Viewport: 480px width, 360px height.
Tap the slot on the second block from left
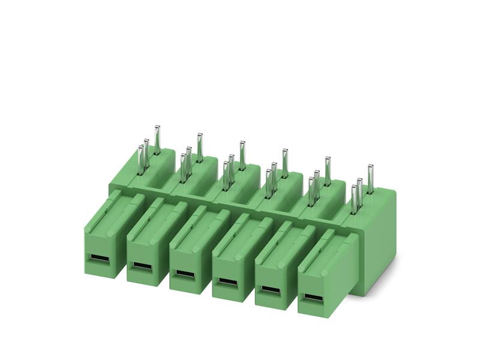coord(141,265)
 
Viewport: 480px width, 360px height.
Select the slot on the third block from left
coord(184,274)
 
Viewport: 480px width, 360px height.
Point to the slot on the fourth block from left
coord(226,281)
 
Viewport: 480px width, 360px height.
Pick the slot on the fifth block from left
coord(269,290)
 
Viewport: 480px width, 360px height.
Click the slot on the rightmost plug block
coord(311,298)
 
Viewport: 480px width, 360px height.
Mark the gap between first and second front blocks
coord(123,246)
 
